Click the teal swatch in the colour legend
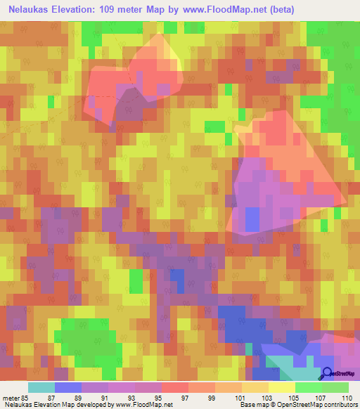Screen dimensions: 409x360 click(x=41, y=387)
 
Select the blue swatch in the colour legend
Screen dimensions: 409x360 click(x=68, y=387)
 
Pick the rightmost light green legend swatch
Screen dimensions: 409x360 click(x=335, y=387)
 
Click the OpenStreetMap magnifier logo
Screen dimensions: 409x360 click(x=326, y=375)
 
